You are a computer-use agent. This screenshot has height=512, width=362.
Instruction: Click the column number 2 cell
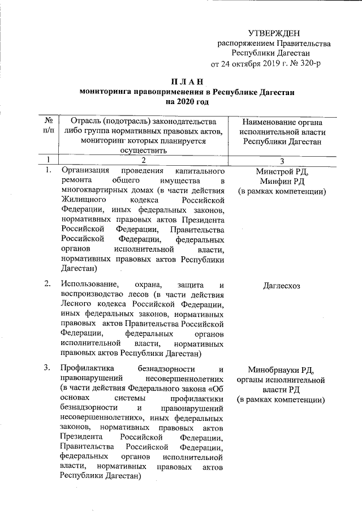pos(144,160)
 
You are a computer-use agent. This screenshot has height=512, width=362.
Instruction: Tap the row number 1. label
pos(49,170)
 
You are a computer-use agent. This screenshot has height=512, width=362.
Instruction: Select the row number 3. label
pos(49,369)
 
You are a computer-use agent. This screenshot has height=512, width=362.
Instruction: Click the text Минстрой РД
pos(282,171)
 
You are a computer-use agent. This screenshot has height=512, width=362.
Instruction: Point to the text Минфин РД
pos(282,181)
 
